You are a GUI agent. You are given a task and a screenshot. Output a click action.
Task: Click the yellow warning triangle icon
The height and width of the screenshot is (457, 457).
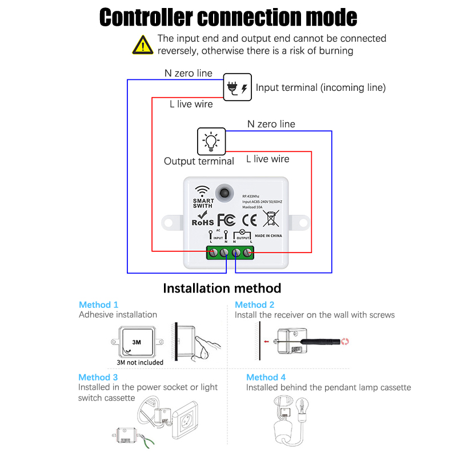pos(142,45)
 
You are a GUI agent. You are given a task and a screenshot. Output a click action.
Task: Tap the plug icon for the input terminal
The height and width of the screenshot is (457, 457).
pos(236,87)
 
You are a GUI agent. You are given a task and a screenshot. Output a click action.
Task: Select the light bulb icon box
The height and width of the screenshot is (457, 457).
pos(211,141)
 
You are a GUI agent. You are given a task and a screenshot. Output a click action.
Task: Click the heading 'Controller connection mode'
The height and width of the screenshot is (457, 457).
pos(228,17)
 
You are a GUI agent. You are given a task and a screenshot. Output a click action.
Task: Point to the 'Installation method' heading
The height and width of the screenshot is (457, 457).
pos(222,288)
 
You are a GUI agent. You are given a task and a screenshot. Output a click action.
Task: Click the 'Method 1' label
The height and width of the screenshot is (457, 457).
pos(99,304)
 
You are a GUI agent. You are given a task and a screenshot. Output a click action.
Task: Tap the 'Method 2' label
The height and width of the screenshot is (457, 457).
pos(255,304)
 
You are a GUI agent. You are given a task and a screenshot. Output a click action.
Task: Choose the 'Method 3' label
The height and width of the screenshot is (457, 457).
pos(98,377)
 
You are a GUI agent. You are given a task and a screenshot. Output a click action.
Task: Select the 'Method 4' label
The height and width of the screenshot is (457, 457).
pos(266,377)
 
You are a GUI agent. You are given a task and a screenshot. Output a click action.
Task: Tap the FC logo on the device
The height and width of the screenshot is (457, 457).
pos(226,220)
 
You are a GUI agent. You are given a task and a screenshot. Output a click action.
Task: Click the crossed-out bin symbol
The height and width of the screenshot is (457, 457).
pos(271,218)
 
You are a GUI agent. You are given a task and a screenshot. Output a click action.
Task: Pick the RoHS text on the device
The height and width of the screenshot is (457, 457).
pos(203,222)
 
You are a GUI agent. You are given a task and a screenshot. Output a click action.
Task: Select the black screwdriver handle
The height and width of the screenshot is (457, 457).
pos(320,341)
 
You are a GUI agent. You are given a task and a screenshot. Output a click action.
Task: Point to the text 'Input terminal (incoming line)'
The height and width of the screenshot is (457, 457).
pos(320,87)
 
